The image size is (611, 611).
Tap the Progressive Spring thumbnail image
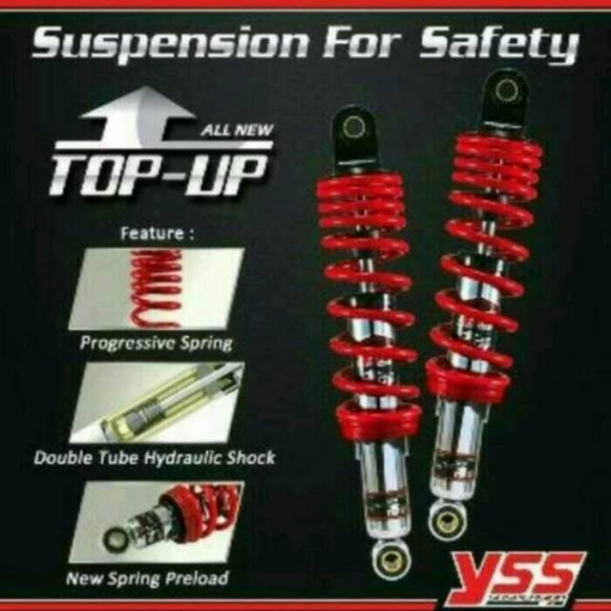[158, 287]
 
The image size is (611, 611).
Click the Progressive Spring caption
[157, 341]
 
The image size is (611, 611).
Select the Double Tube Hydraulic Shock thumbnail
[158, 402]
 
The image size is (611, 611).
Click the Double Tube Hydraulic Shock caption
[155, 457]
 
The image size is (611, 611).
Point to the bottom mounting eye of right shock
[445, 518]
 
